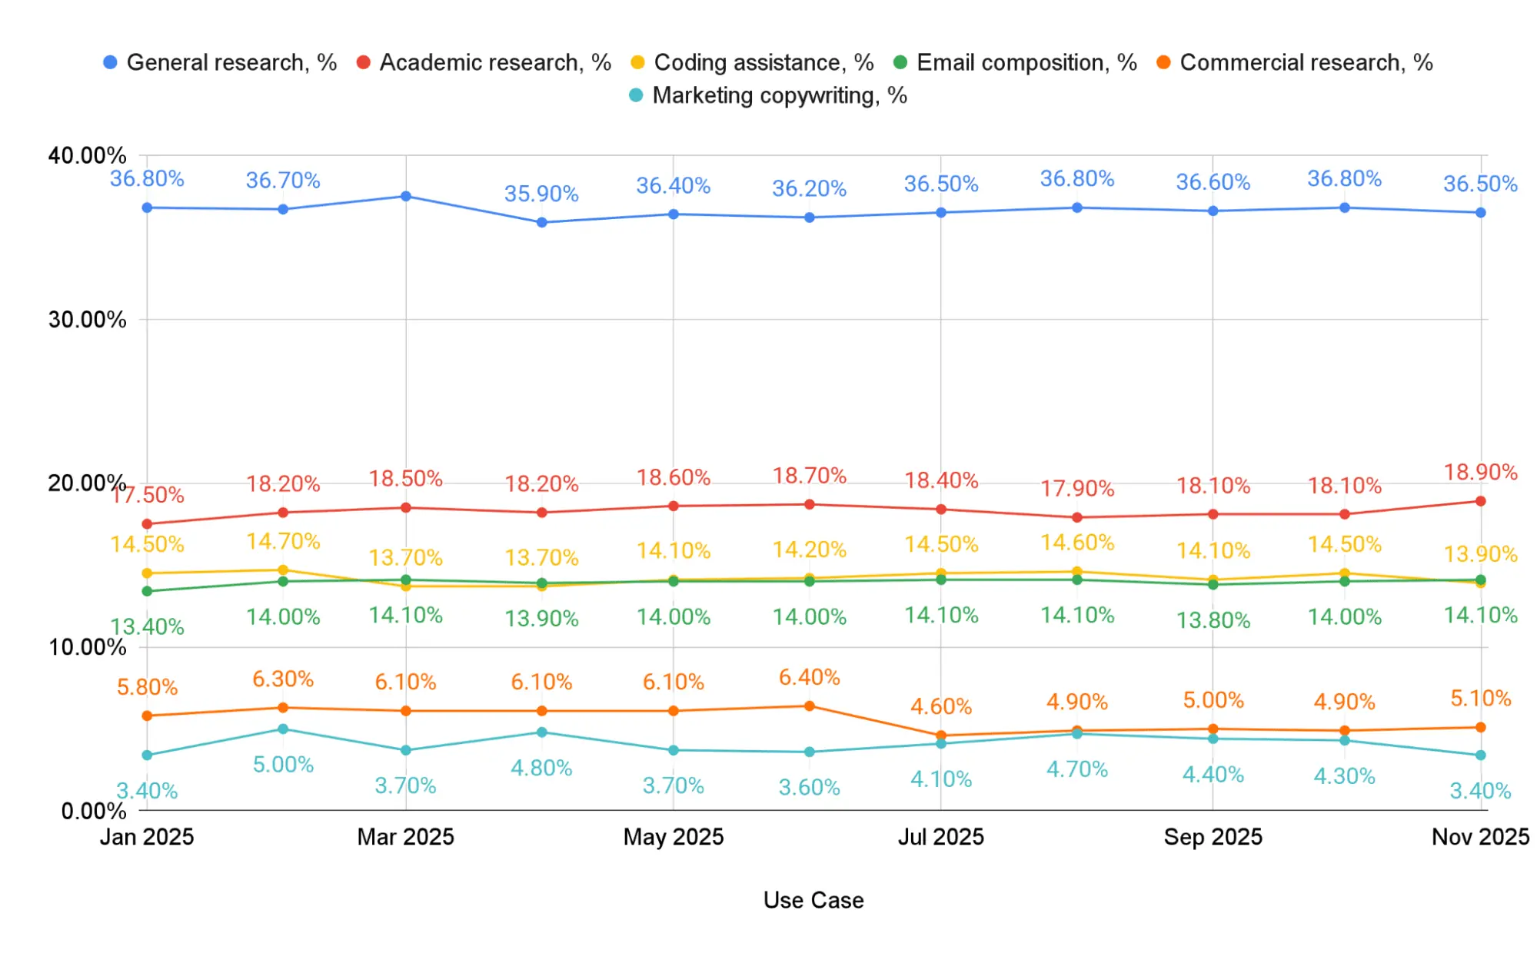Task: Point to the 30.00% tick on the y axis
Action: tap(87, 320)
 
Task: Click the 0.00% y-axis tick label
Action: tap(94, 811)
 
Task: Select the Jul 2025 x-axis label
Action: tap(940, 837)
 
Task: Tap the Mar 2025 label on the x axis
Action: tap(405, 837)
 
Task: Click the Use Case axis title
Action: tap(813, 900)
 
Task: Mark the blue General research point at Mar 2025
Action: tap(406, 197)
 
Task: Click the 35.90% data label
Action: tap(541, 194)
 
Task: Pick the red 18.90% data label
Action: tap(1480, 472)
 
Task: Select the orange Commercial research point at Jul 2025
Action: tap(941, 736)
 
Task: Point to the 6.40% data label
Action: tap(809, 677)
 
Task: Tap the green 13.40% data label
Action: tap(147, 627)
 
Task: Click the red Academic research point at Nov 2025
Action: tap(1481, 501)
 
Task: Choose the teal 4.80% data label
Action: tap(541, 768)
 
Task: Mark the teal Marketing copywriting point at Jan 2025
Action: tap(147, 755)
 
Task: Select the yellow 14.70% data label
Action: tap(283, 542)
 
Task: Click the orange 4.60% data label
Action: tap(941, 706)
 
